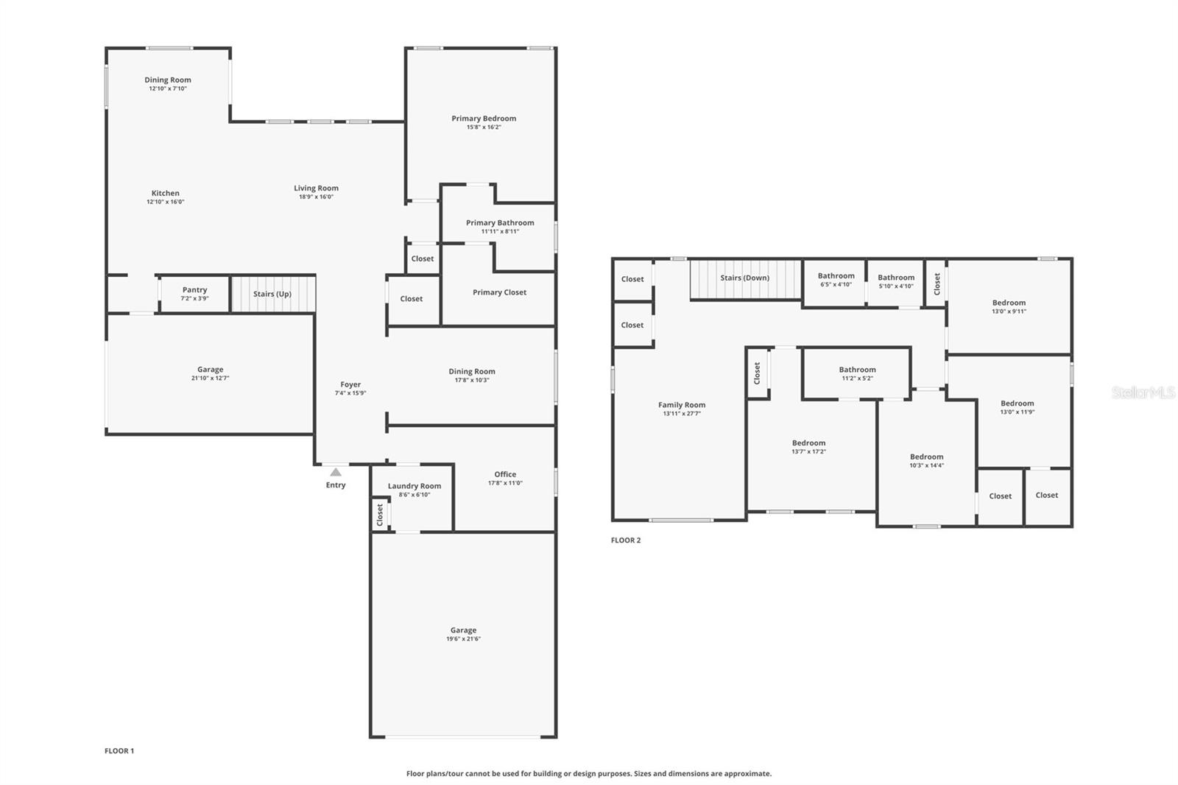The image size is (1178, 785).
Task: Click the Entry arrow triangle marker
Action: (x=336, y=472)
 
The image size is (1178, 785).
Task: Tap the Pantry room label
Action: (x=195, y=290)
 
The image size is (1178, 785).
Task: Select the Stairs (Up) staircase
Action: (x=273, y=294)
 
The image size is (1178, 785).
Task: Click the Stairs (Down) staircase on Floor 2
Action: (x=745, y=279)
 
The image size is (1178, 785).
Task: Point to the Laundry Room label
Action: (x=415, y=486)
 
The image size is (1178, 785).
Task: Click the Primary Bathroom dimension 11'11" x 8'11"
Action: (x=500, y=231)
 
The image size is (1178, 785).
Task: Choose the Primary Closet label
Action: (x=499, y=292)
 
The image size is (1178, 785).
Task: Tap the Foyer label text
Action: (x=350, y=384)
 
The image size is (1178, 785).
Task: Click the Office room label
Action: (x=505, y=474)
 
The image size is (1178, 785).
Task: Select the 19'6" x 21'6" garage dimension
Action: (x=463, y=639)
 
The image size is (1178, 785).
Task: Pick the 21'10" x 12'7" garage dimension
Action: (x=210, y=379)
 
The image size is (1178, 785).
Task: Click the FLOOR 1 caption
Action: (x=119, y=751)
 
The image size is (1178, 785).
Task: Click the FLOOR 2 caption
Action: (x=626, y=541)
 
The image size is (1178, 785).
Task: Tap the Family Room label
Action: (x=682, y=405)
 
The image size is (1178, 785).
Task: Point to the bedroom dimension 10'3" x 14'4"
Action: (x=926, y=465)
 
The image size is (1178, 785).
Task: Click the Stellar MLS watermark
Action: (x=1143, y=393)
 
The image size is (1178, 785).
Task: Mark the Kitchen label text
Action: (x=166, y=194)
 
